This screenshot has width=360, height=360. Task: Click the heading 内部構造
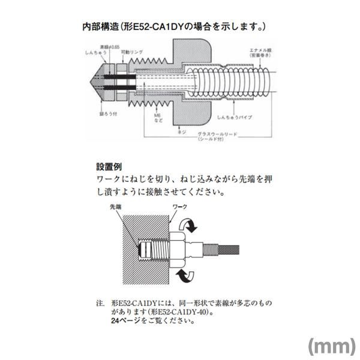pos(100,27)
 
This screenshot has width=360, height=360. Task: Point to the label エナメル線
pos(254,50)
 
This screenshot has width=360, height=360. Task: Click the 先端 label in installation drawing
pos(115,206)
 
